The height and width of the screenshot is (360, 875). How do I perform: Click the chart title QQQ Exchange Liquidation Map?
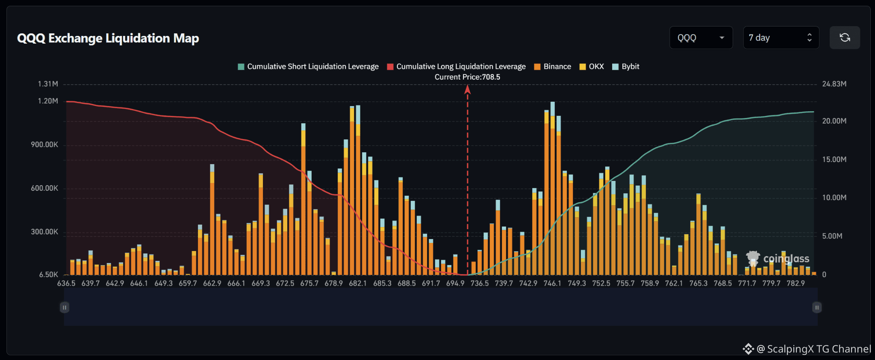click(x=108, y=38)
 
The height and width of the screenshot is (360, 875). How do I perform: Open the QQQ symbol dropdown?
click(x=701, y=38)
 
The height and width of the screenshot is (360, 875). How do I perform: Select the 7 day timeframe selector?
click(x=781, y=38)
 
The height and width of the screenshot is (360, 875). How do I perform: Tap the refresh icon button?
click(x=845, y=38)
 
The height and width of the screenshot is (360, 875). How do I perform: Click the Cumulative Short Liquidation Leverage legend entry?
click(x=308, y=67)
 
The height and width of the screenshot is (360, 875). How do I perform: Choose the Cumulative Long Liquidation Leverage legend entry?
click(x=456, y=67)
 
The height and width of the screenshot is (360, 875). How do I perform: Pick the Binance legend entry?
click(x=553, y=67)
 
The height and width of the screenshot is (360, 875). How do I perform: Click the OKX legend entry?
click(x=592, y=67)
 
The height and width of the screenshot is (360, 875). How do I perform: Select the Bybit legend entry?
click(x=626, y=67)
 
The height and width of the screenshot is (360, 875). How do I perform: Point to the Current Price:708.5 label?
click(x=467, y=77)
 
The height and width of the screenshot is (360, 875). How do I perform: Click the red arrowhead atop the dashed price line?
click(x=468, y=89)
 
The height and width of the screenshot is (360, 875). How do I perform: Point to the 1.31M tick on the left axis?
click(x=48, y=84)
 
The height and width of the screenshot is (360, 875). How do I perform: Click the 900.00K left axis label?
click(x=44, y=145)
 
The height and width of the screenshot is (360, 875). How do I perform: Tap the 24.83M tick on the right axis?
click(x=834, y=84)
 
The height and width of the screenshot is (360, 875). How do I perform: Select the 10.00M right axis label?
click(x=834, y=198)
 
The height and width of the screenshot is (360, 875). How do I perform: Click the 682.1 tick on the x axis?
click(x=358, y=283)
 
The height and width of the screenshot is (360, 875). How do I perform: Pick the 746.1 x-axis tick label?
click(x=552, y=283)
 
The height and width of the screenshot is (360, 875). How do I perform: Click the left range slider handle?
click(x=65, y=307)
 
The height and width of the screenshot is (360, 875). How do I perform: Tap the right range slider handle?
click(x=817, y=307)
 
